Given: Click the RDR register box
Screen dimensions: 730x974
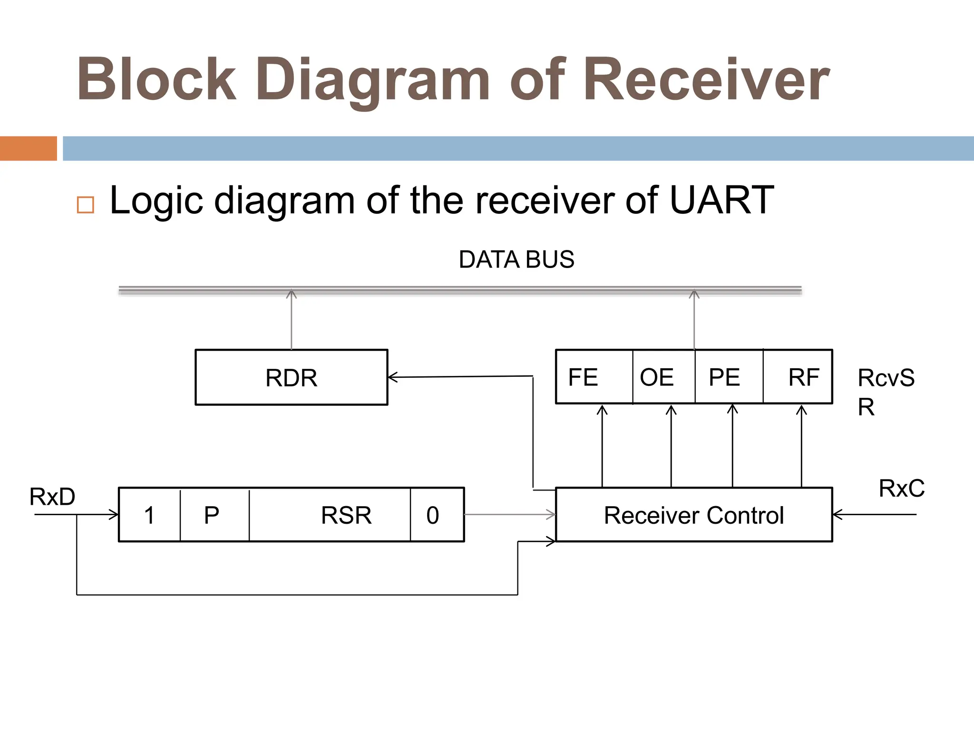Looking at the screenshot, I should point(291,377).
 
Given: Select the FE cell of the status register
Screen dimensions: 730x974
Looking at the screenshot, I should point(594,377).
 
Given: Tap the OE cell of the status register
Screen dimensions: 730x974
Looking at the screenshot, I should point(663,377).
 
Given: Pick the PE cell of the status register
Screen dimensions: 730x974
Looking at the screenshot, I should point(729,377).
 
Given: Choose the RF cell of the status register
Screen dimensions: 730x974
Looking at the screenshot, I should point(798,377).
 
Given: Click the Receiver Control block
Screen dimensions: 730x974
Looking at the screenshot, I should point(693,515).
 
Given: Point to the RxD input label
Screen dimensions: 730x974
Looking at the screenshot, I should point(52,497).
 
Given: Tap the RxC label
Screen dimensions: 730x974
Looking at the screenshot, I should point(901,488).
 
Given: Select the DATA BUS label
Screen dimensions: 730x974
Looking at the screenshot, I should point(516,259).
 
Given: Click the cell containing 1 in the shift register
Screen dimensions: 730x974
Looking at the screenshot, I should point(149,515).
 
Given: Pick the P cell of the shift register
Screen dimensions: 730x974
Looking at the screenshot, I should point(214,515).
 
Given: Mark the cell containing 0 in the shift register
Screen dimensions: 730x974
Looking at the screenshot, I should point(437,515).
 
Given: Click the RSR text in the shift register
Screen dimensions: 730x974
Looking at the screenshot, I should point(346,515).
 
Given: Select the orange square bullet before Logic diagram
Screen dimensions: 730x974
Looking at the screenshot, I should point(86,205).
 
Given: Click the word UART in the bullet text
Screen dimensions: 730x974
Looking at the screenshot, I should point(721,200).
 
